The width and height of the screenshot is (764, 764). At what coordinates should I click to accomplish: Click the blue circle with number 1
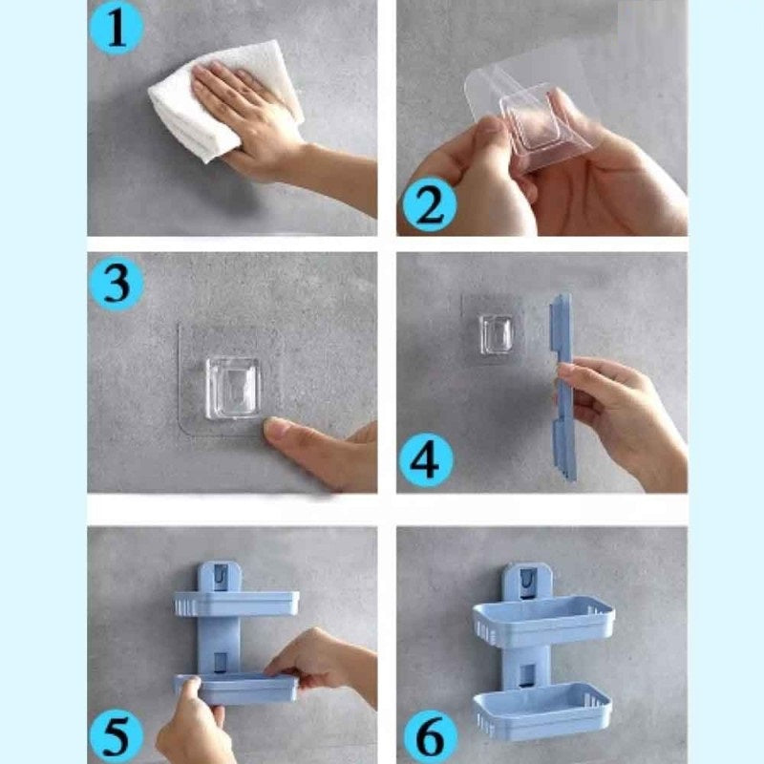116,29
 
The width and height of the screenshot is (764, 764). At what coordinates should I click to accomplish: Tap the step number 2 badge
429,205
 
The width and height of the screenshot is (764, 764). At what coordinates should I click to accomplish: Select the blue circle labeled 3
116,284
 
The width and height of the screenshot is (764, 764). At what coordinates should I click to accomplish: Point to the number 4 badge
425,460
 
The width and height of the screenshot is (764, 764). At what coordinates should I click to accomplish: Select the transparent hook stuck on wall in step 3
232,389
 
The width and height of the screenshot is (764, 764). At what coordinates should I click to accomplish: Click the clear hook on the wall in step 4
496,333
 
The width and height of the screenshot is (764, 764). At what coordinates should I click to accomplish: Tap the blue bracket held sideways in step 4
563,388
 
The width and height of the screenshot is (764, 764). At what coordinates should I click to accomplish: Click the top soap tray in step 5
236,604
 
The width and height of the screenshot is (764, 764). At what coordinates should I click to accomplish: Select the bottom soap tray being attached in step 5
236,689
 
